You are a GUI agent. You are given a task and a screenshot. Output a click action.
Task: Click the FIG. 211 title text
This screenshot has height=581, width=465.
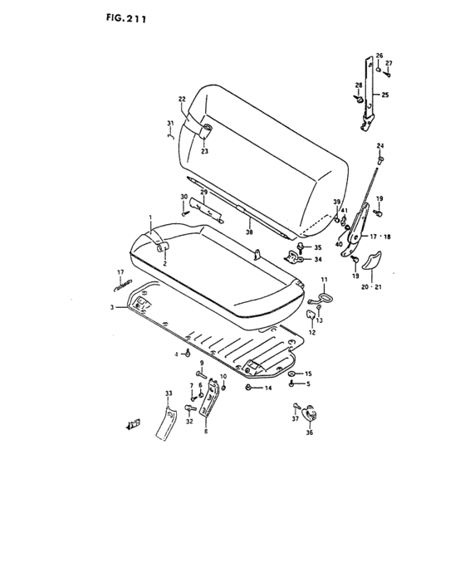(125, 18)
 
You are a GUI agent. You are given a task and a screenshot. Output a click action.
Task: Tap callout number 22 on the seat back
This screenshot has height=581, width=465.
(182, 99)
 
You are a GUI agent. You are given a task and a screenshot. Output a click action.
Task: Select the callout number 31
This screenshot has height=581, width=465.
(170, 123)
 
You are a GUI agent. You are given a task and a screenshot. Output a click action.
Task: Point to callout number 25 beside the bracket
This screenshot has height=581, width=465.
(385, 95)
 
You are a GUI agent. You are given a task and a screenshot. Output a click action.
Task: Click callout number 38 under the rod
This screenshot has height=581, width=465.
(249, 232)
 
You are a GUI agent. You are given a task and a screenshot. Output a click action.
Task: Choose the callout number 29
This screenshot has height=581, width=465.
(204, 192)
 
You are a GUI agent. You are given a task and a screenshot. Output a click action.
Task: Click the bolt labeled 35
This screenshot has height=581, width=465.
(300, 247)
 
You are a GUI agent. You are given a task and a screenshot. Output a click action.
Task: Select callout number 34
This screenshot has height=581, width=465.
(318, 259)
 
